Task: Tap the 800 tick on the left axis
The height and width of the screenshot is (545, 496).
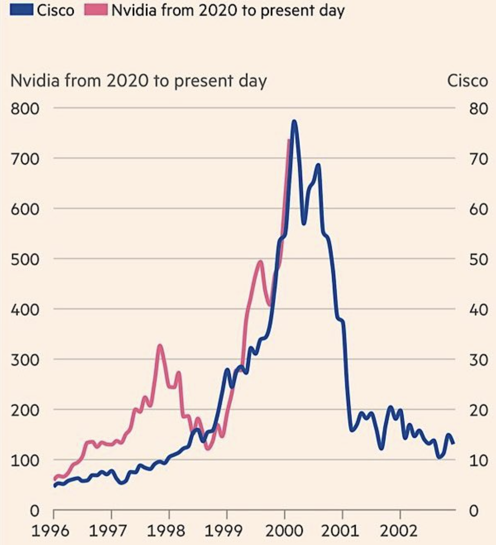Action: point(25,109)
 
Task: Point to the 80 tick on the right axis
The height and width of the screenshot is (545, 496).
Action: point(479,109)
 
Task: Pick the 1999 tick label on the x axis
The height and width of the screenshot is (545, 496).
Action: point(227,530)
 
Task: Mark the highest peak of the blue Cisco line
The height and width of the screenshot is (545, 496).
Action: point(294,122)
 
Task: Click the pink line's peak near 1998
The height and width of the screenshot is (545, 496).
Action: point(160,346)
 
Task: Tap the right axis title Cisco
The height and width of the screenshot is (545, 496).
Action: point(468,81)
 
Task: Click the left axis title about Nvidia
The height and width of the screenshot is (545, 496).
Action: point(139,81)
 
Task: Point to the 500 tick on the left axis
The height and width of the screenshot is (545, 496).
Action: point(25,259)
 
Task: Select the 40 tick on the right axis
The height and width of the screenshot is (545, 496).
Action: point(479,310)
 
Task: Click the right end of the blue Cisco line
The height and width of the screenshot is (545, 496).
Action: point(453,443)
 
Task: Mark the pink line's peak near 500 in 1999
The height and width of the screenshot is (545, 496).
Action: point(260,262)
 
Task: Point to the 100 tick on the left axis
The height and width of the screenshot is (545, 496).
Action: point(25,460)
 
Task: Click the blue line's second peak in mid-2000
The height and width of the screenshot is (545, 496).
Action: point(318,165)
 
